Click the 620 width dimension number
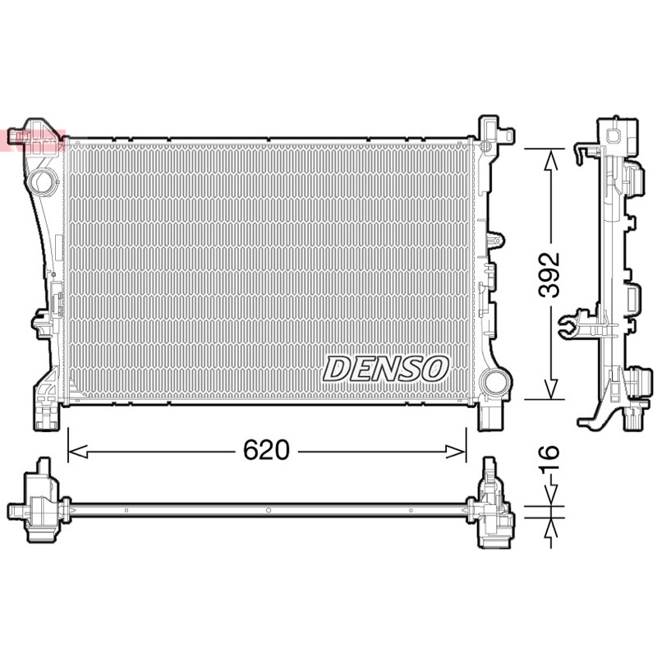coord(266,450)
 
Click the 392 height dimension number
coord(549,275)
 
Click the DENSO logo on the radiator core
coord(385,369)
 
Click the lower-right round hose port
coord(495,382)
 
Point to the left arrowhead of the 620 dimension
coord(77,452)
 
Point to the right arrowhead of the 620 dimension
coord(457,452)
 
